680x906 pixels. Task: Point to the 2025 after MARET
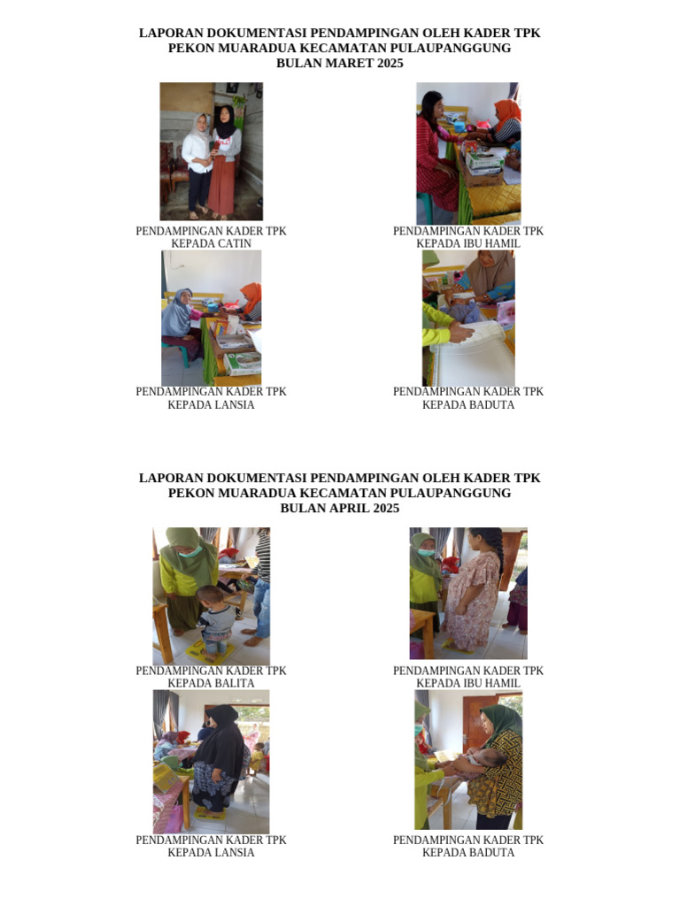point(390,63)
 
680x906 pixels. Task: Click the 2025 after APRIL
point(386,508)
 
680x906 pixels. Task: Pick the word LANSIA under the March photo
point(234,404)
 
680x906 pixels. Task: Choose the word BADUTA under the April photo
point(491,852)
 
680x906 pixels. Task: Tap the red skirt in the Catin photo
point(222,184)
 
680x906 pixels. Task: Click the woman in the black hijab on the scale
point(218,757)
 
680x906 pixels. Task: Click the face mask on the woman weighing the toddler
point(191,550)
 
